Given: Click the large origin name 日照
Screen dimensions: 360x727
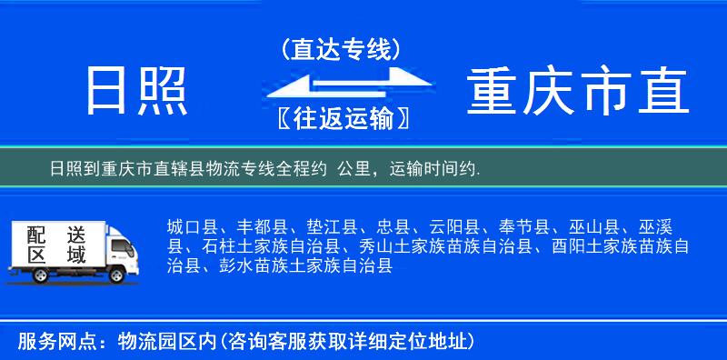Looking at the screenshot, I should (x=136, y=91).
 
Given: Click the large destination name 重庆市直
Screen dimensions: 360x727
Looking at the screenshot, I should (x=578, y=92).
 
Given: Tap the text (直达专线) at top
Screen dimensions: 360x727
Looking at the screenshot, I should (x=342, y=48).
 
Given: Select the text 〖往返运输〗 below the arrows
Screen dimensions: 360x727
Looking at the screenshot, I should (x=340, y=118).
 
